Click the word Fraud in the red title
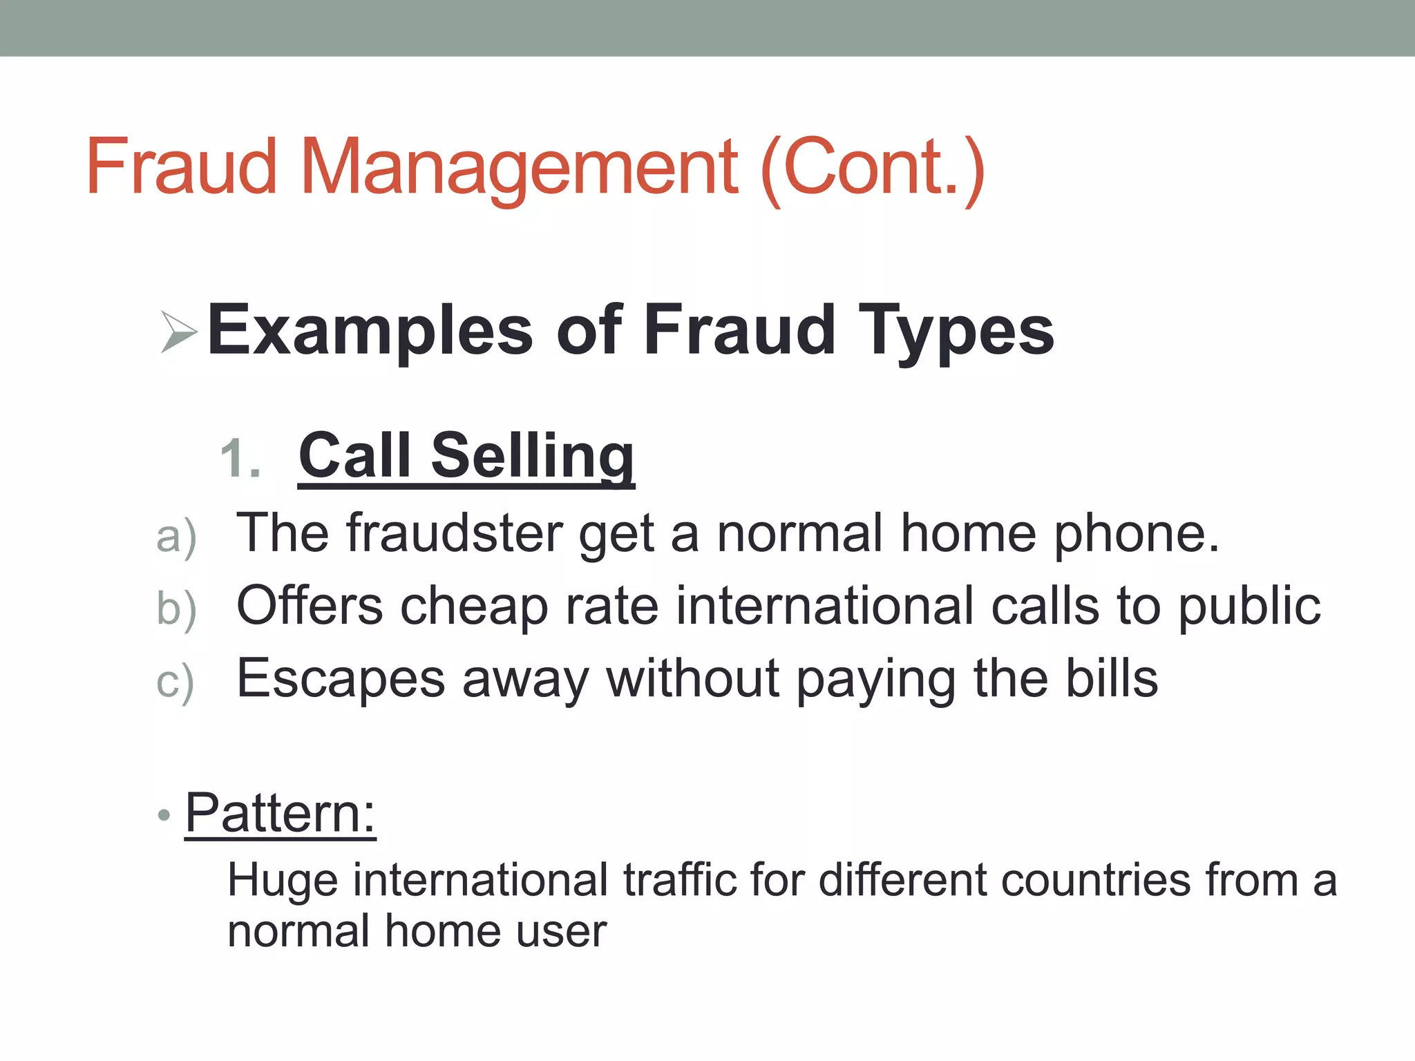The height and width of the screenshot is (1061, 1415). click(x=181, y=167)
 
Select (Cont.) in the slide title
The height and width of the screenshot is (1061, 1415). click(x=872, y=167)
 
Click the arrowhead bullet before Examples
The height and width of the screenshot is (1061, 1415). click(x=178, y=332)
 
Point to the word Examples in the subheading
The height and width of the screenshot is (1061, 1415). click(x=370, y=332)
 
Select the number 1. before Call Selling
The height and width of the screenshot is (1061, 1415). click(x=240, y=459)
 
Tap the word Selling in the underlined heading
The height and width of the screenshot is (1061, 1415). click(x=533, y=456)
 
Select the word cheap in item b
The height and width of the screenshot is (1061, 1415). click(x=474, y=606)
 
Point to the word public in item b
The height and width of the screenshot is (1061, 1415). click(x=1249, y=606)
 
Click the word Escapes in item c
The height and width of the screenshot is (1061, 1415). click(x=341, y=679)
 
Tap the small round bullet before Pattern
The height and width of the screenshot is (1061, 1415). click(x=164, y=815)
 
